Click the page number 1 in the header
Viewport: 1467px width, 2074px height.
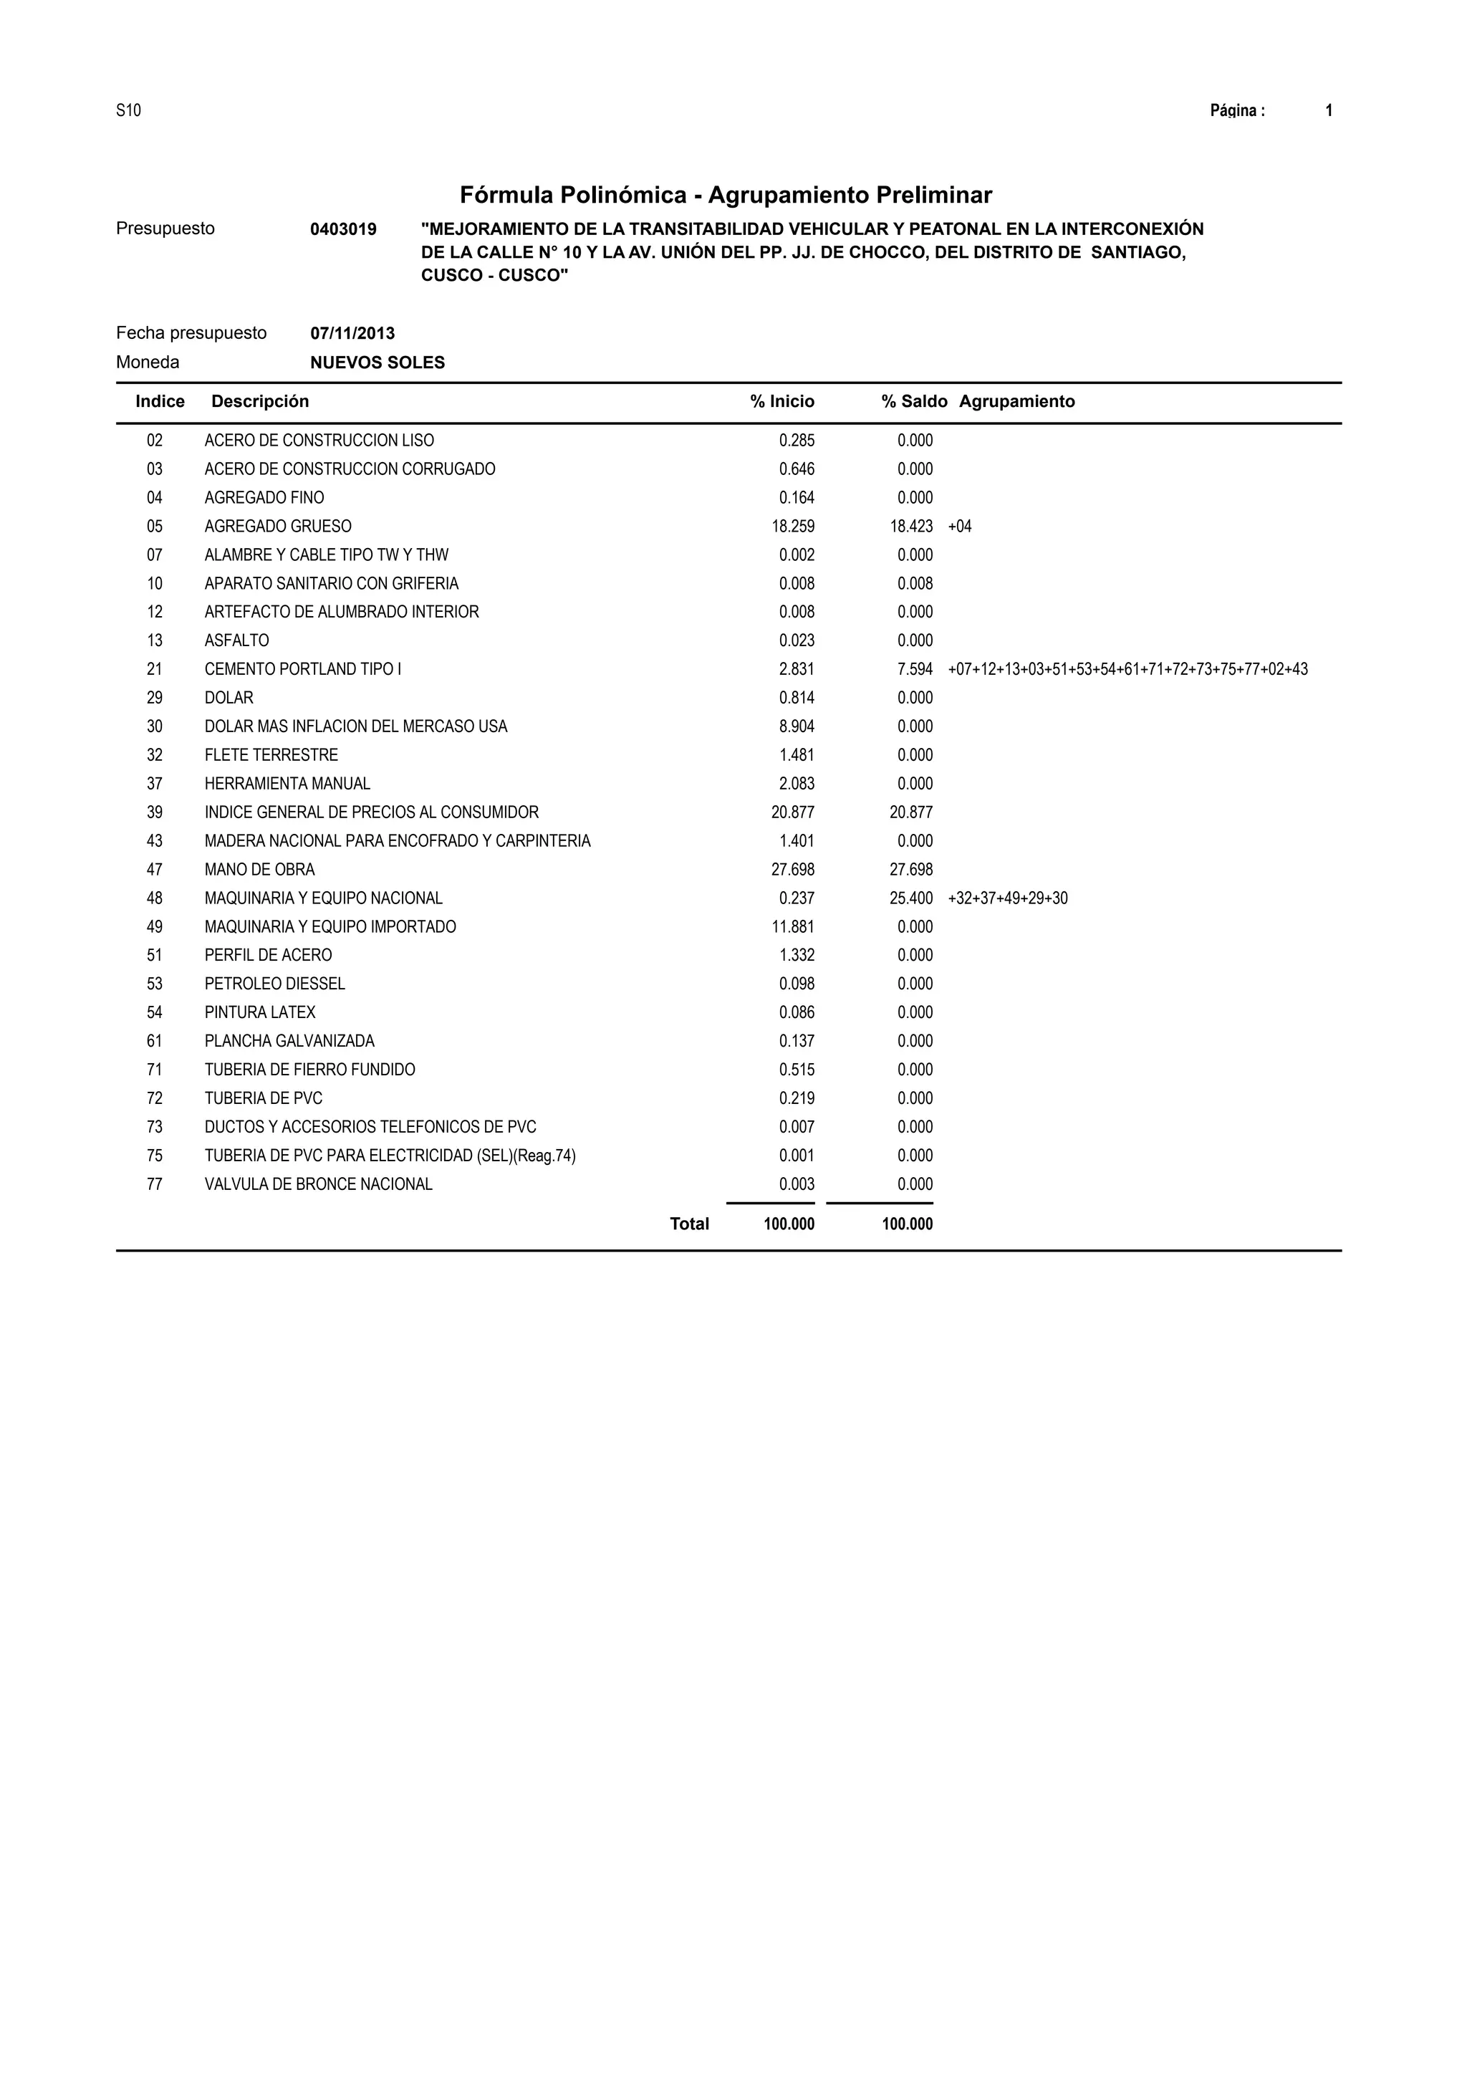coord(1329,111)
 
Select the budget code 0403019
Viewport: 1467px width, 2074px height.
coord(343,229)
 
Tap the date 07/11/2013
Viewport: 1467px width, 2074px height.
coord(352,333)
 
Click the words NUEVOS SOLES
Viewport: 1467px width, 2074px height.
coord(377,363)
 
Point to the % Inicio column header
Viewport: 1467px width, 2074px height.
coord(781,402)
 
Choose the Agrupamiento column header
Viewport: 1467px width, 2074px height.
coord(1016,402)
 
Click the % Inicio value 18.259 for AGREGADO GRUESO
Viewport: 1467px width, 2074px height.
coord(792,527)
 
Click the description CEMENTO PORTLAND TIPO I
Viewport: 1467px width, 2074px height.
coord(302,669)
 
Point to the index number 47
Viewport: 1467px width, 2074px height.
coord(155,870)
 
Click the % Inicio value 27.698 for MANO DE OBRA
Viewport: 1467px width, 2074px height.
coord(792,870)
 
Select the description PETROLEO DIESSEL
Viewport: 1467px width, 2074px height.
coord(274,984)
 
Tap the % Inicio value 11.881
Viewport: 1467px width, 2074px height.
coord(792,927)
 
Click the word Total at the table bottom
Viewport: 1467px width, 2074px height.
coord(689,1224)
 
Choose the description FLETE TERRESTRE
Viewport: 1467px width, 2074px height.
coord(271,755)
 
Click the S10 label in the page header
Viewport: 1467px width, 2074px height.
coord(128,111)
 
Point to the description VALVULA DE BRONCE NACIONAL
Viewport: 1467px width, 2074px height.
coord(318,1184)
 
